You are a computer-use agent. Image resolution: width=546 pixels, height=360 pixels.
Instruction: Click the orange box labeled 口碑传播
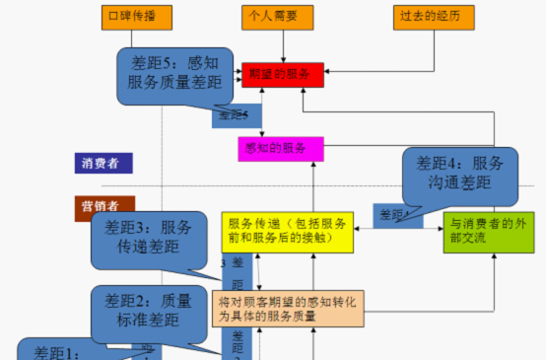[129, 17]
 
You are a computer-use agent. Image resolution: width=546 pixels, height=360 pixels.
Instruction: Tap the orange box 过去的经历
[431, 17]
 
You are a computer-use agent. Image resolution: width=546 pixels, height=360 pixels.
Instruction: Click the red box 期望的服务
[282, 74]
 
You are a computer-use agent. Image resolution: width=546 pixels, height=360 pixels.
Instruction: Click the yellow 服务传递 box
[287, 230]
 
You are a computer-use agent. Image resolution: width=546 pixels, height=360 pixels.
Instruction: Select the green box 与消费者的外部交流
[482, 230]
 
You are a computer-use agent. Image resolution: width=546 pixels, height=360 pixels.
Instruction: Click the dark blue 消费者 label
[102, 163]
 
